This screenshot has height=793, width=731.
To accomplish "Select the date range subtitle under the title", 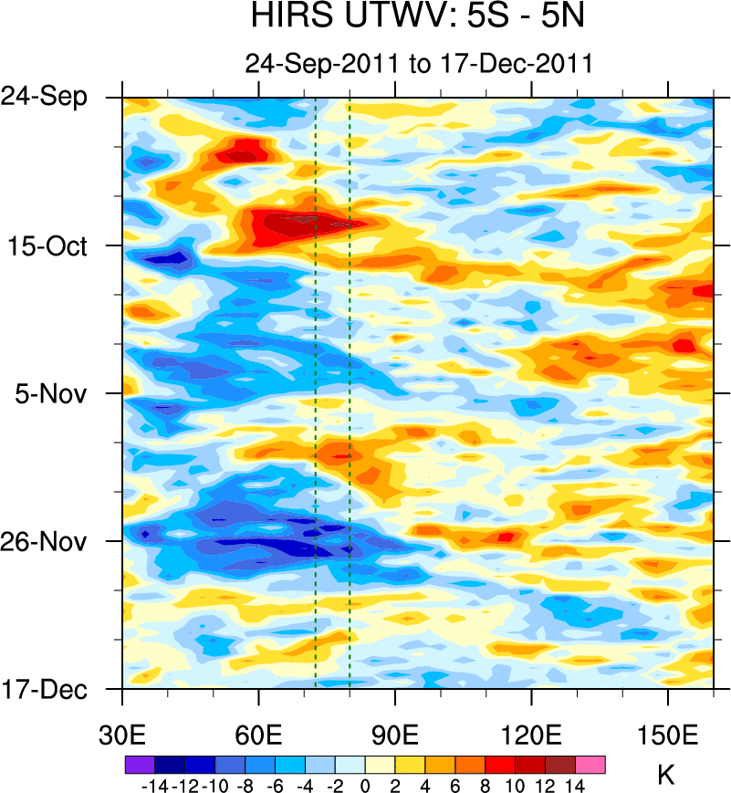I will click(419, 64).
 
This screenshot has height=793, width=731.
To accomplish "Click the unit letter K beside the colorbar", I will click(666, 777).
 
